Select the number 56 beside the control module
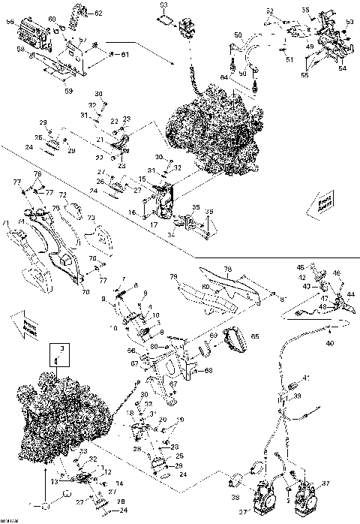pyautogui.click(x=10, y=23)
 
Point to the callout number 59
pyautogui.click(x=69, y=92)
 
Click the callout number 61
pyautogui.click(x=125, y=54)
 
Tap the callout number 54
pyautogui.click(x=342, y=68)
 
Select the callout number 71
pyautogui.click(x=6, y=223)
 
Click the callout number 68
pyautogui.click(x=208, y=370)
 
